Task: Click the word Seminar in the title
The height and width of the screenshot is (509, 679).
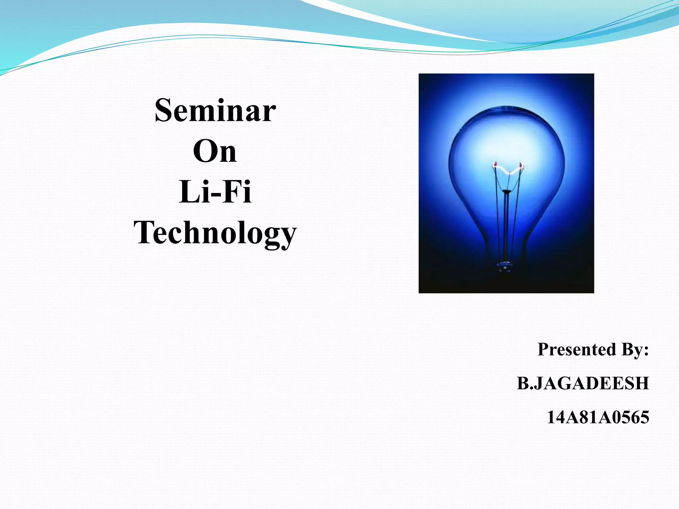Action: click(215, 110)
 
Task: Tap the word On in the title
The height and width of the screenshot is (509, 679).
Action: click(215, 151)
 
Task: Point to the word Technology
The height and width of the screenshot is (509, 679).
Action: click(215, 233)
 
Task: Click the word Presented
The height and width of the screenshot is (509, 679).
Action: click(577, 349)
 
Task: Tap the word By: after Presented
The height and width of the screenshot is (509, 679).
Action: click(635, 349)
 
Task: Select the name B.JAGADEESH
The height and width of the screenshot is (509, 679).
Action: click(583, 383)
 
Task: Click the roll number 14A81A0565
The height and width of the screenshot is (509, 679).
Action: click(598, 417)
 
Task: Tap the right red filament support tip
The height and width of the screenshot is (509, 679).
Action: click(521, 165)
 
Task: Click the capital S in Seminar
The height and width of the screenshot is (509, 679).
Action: click(164, 110)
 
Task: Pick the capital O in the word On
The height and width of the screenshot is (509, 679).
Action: click(204, 151)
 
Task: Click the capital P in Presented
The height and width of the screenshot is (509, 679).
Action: click(544, 349)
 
